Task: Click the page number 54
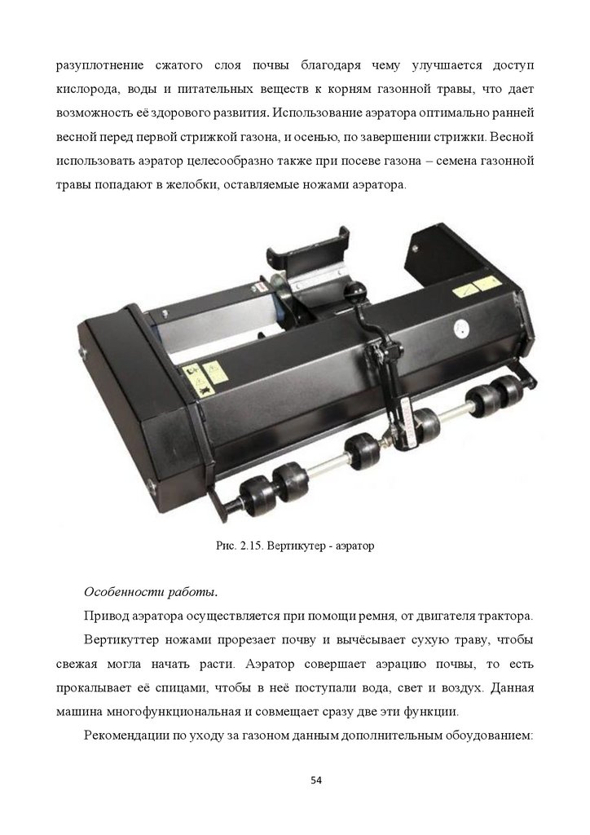[x=316, y=780]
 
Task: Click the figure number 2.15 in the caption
[x=250, y=546]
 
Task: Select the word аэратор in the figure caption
[x=354, y=546]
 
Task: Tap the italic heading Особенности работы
[x=151, y=592]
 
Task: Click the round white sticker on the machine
[x=462, y=329]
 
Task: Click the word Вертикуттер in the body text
[x=121, y=640]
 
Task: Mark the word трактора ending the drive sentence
[x=506, y=616]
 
